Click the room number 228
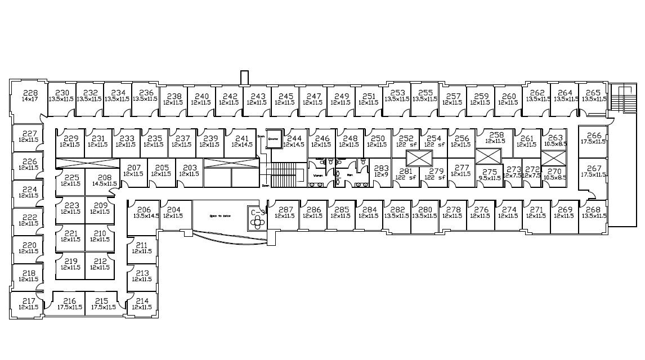(30, 93)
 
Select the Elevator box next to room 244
(274, 139)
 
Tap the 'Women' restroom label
(317, 175)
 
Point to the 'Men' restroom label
(349, 175)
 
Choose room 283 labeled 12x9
(381, 168)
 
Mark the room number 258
(496, 135)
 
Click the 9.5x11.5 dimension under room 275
(490, 178)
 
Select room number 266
(594, 136)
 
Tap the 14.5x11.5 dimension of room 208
(105, 183)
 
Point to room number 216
(70, 301)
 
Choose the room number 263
(555, 138)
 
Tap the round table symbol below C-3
(258, 222)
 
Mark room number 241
(242, 138)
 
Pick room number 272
(532, 169)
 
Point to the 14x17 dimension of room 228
(30, 100)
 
